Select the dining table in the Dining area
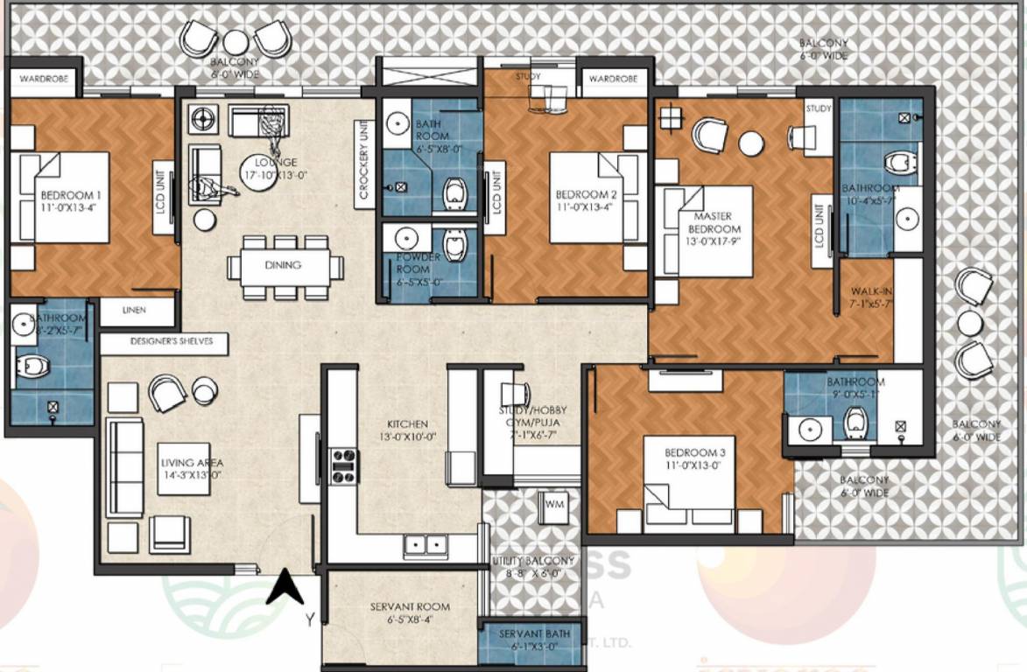click(281, 265)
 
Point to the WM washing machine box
click(554, 506)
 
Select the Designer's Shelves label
click(164, 341)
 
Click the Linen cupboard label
click(134, 310)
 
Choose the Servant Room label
click(410, 612)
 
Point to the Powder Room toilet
click(455, 246)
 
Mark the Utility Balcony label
click(533, 567)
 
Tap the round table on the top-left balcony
click(236, 41)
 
